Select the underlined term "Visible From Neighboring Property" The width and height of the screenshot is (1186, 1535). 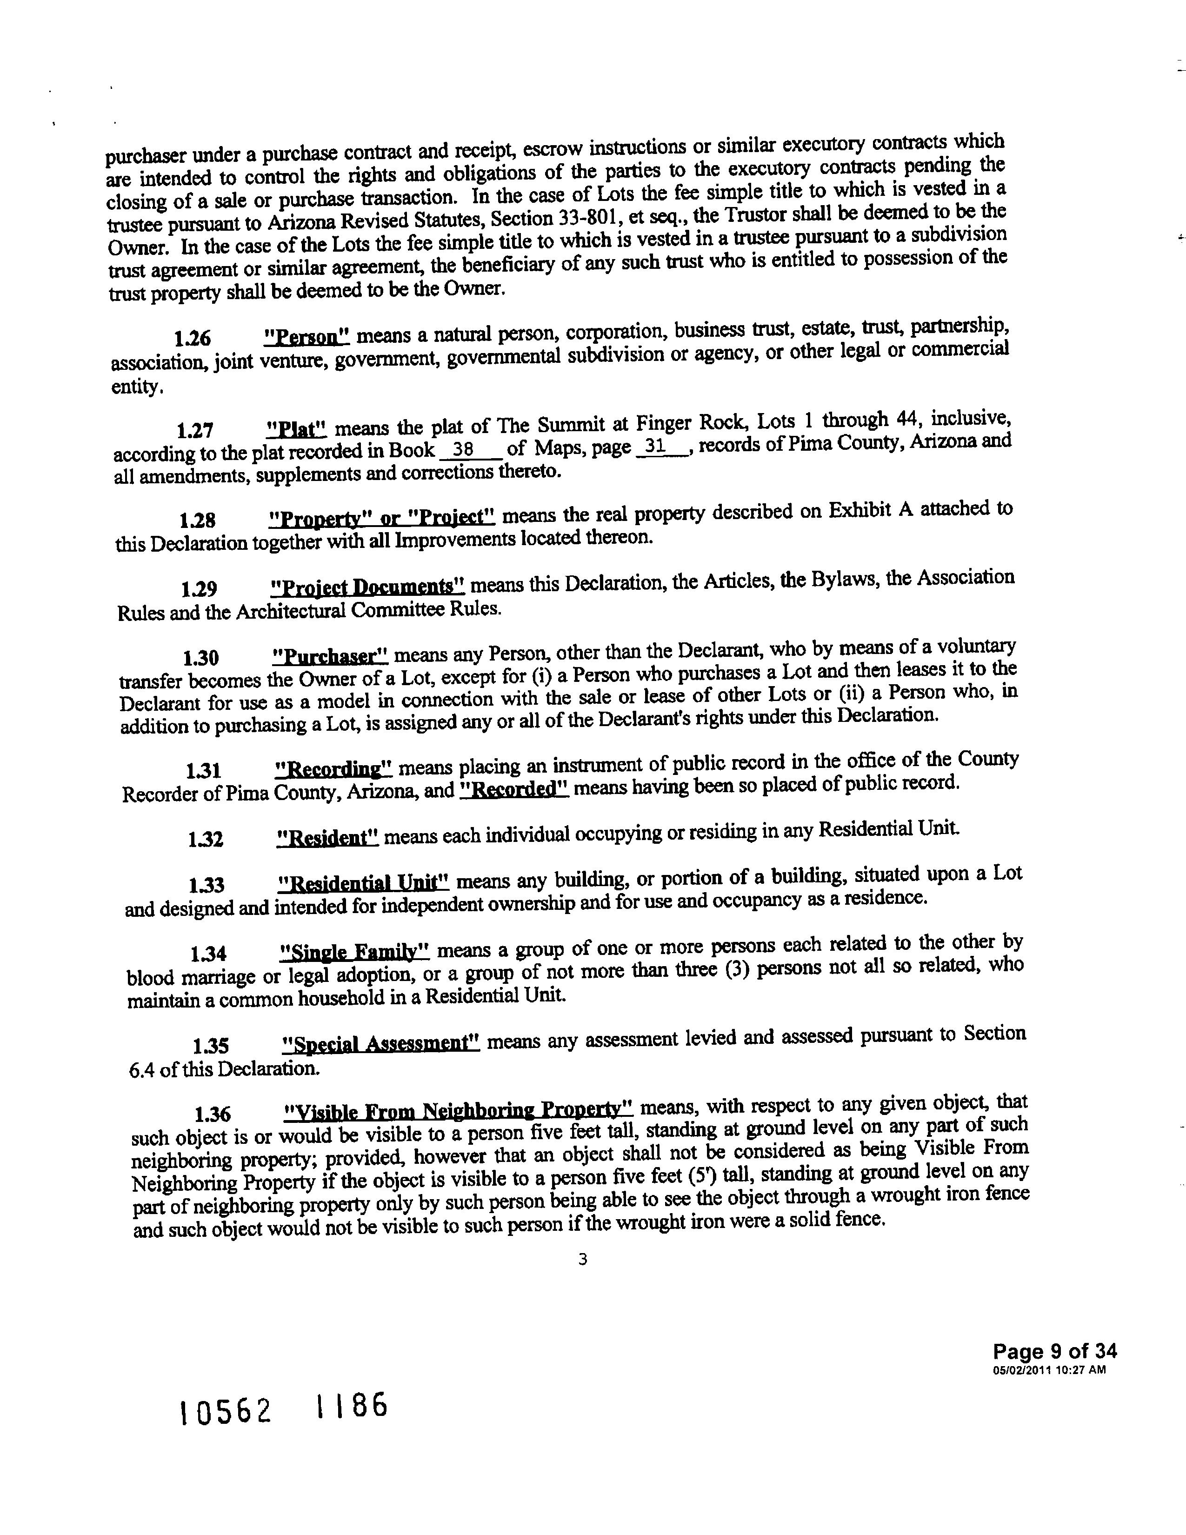tap(459, 1110)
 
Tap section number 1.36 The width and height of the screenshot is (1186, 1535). tap(212, 1114)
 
